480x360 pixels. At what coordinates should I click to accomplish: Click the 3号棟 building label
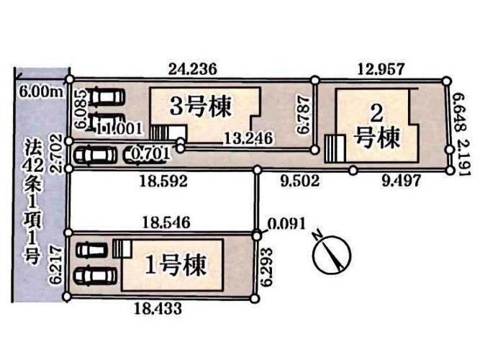201,108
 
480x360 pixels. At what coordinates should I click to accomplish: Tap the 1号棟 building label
176,266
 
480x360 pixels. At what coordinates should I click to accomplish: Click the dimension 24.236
192,69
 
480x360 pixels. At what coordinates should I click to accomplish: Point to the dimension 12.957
381,69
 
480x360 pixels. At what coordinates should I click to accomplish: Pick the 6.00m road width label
38,91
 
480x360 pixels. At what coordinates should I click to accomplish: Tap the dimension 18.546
163,224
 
